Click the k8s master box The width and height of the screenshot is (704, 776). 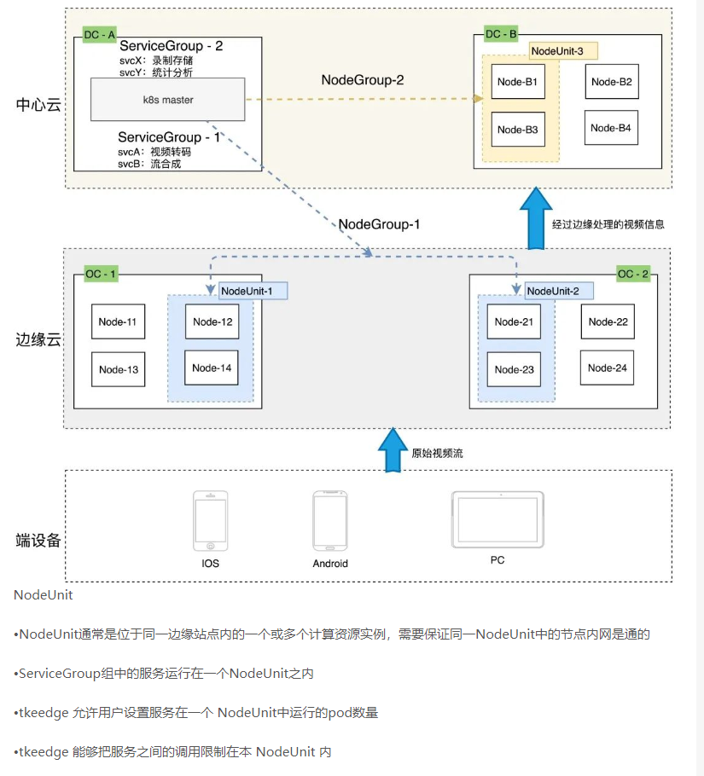click(168, 100)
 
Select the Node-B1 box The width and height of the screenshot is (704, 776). click(517, 82)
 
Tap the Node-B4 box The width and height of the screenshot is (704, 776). click(611, 128)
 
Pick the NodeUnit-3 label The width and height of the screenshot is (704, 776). click(562, 51)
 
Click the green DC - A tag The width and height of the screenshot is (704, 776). click(99, 34)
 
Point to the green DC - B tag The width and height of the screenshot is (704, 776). click(501, 34)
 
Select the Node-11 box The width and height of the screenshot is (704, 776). click(118, 321)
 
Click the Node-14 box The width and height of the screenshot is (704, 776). click(212, 368)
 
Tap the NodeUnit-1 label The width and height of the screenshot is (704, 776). click(253, 291)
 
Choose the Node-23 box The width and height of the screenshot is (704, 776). click(514, 369)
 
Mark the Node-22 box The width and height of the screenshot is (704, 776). click(608, 321)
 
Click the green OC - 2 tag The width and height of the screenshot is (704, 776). click(633, 274)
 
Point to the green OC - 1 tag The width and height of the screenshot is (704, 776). click(101, 274)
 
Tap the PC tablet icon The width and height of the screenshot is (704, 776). click(497, 519)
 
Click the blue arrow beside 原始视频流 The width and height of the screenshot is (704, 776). click(393, 449)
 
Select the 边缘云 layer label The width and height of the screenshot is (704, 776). click(38, 339)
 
